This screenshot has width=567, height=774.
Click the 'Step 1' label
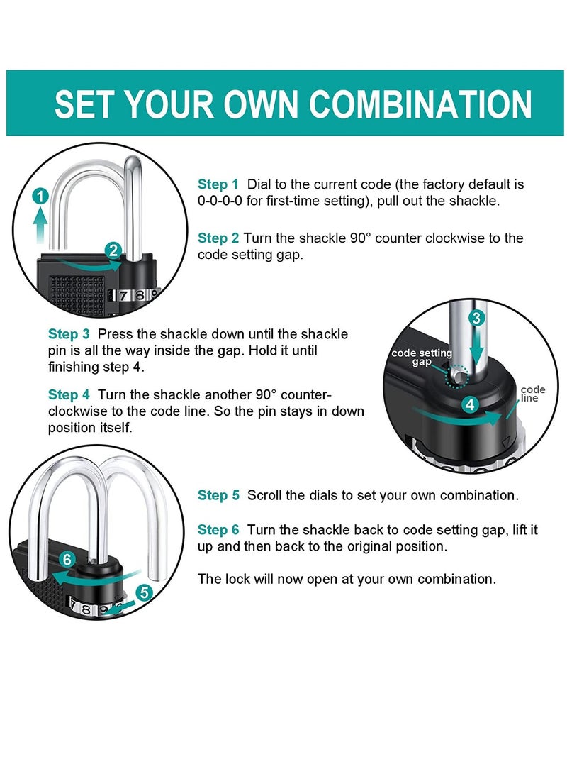(218, 184)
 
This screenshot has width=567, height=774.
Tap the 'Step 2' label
(218, 238)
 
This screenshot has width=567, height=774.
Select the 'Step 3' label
(69, 334)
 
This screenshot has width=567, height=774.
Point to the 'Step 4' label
(69, 395)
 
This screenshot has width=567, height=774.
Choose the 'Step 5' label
(218, 495)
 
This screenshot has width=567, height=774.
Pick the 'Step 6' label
(218, 530)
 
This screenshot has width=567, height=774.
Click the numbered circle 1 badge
(41, 197)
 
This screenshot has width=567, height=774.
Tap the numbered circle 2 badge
(113, 250)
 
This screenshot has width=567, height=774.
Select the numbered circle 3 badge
(476, 318)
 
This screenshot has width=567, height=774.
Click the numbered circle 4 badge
(470, 405)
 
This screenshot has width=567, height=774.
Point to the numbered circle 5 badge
(144, 592)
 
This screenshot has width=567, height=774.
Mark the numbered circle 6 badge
(67, 560)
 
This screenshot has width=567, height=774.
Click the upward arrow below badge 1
(40, 226)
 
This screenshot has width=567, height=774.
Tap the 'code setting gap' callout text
(422, 358)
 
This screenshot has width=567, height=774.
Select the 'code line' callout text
(532, 394)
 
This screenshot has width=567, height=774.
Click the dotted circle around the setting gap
(456, 377)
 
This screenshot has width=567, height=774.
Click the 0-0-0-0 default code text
(220, 201)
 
